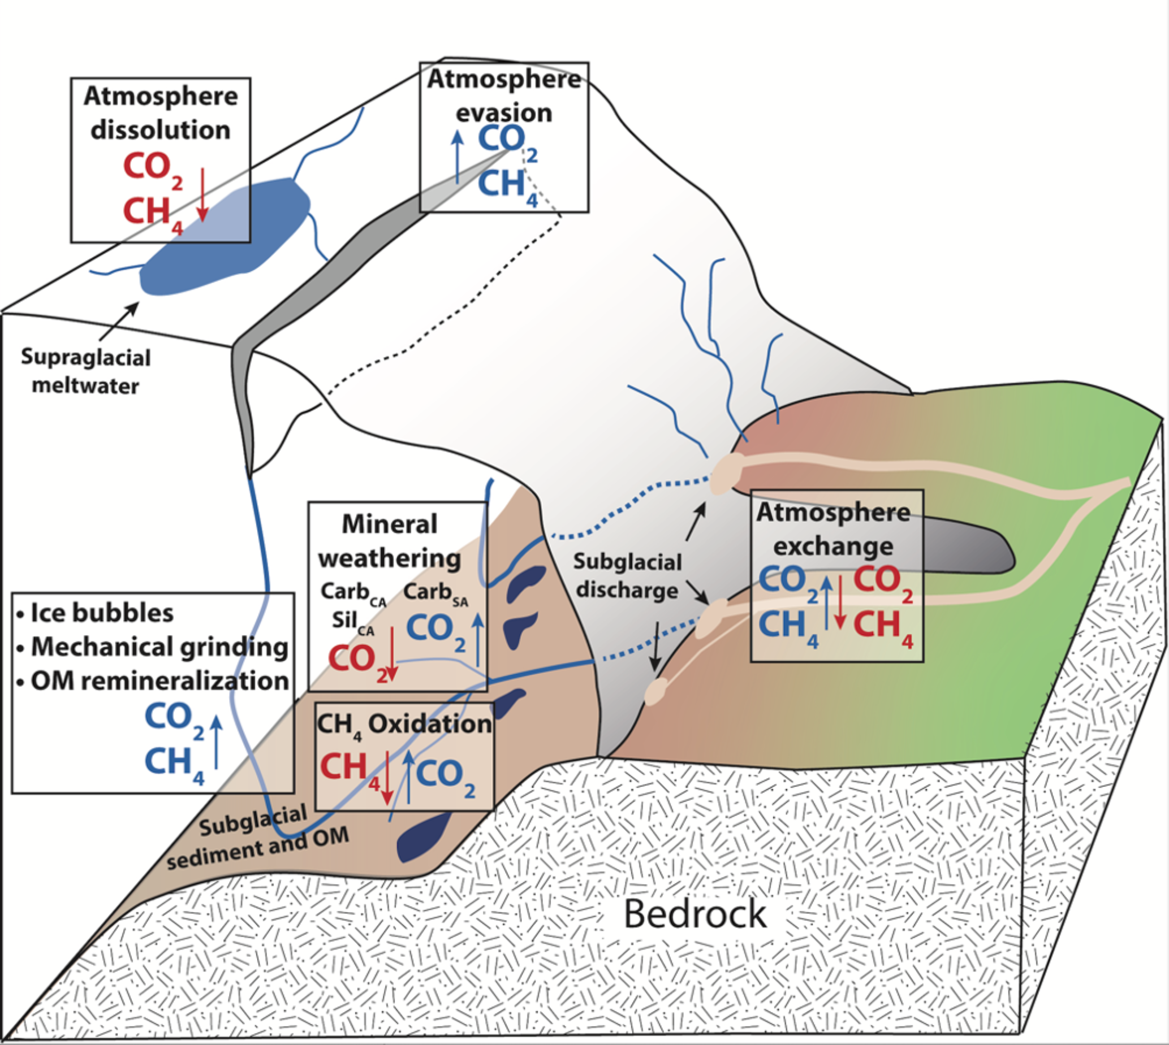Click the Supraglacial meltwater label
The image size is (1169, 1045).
[x=85, y=371]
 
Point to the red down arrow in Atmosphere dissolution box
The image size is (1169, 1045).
[x=202, y=195]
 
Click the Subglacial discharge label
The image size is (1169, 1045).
[x=627, y=575]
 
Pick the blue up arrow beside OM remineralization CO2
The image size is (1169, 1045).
[x=217, y=741]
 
